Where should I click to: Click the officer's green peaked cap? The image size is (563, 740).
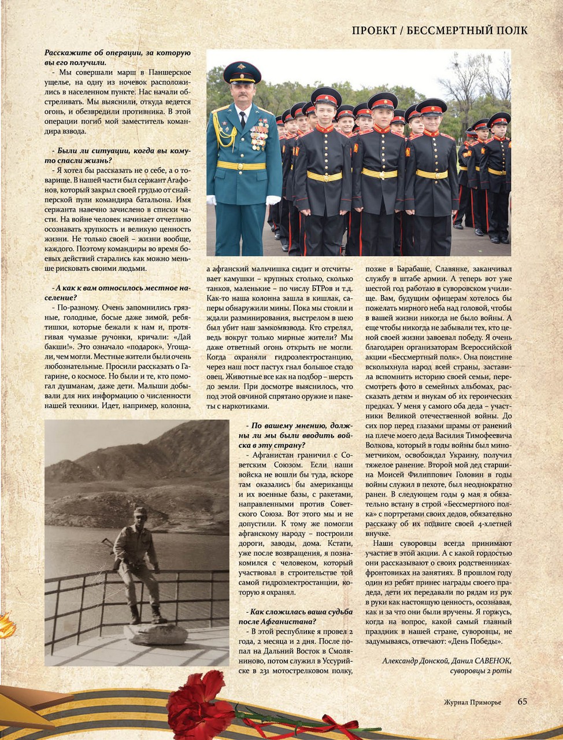[x=242, y=72]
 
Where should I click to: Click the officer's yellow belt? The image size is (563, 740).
[x=241, y=165]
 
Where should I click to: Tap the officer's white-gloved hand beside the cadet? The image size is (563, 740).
[x=273, y=200]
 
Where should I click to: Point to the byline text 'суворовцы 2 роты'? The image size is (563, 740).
[x=480, y=671]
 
